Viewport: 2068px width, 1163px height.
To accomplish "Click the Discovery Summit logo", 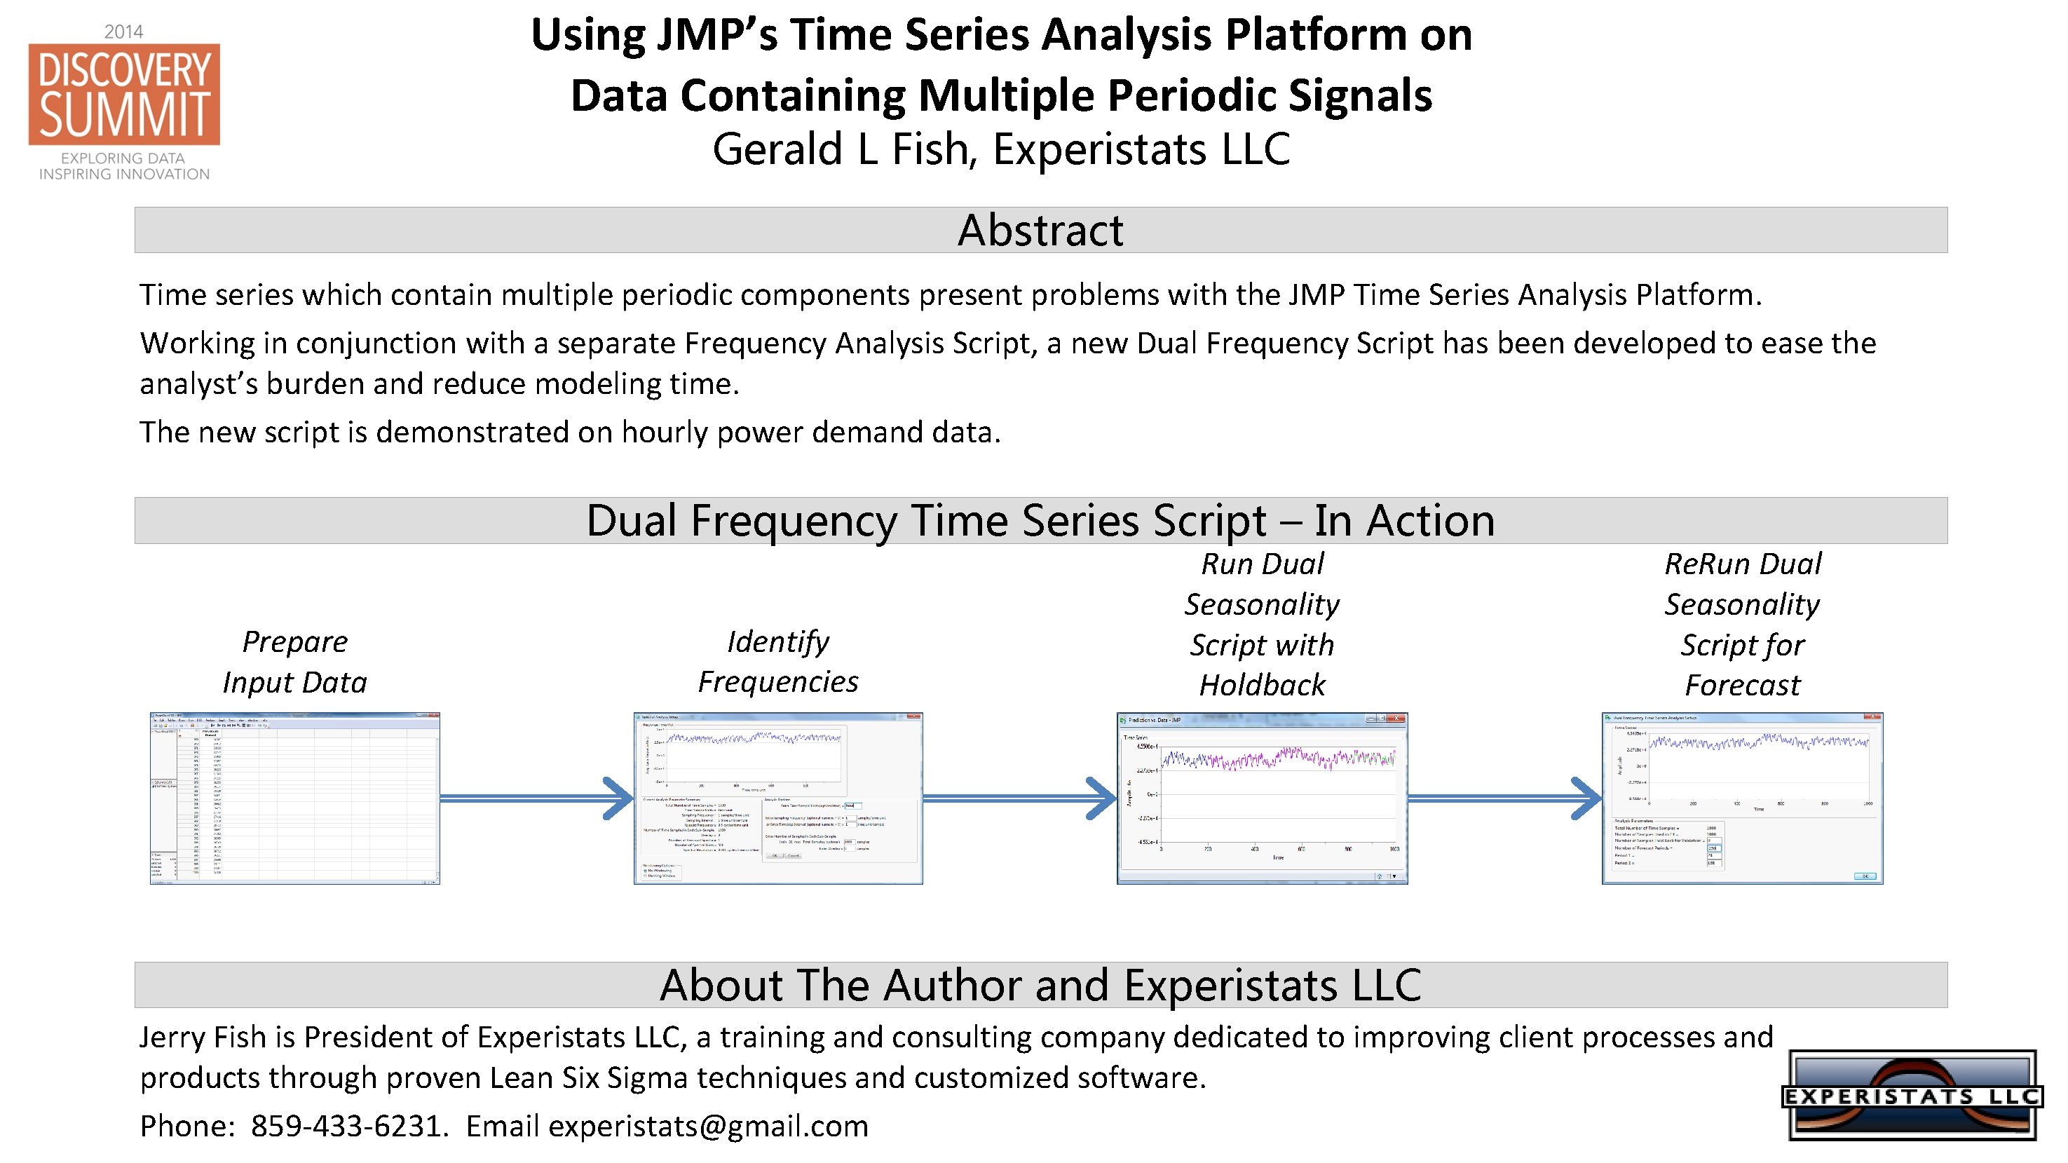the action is click(x=125, y=95).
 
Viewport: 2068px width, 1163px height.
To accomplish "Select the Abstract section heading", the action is click(x=1040, y=231).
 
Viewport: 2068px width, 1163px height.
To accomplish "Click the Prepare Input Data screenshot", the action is click(x=294, y=798).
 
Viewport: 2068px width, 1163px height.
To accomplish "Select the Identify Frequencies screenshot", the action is click(x=778, y=798).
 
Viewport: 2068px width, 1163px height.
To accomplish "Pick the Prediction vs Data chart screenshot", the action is click(x=1262, y=798).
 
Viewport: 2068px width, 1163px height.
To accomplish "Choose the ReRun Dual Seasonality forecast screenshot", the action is click(x=1742, y=798).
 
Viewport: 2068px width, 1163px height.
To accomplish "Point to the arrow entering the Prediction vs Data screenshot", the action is click(x=1019, y=798).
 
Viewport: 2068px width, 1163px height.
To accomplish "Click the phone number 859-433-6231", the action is click(x=346, y=1126).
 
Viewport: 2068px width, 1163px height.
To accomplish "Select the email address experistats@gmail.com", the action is click(x=708, y=1126).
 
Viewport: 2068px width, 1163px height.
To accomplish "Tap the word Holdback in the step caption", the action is click(x=1262, y=686).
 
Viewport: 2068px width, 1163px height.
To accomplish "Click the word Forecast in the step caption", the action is click(x=1742, y=686).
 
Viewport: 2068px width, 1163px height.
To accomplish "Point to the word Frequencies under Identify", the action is click(x=778, y=682).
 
